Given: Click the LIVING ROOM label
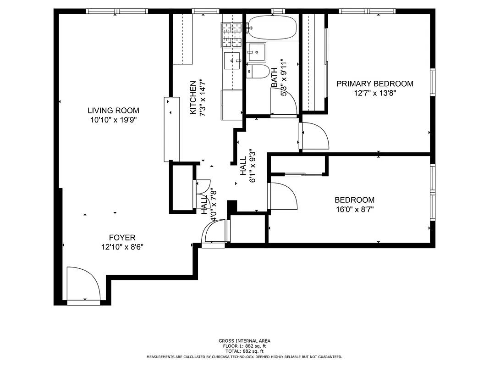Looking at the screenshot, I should pyautogui.click(x=113, y=111).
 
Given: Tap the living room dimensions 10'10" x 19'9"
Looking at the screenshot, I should pyautogui.click(x=113, y=120).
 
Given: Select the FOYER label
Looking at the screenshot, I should pyautogui.click(x=122, y=238).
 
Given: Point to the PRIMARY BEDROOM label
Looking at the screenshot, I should pyautogui.click(x=375, y=83).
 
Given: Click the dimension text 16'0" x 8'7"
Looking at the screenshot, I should pyautogui.click(x=354, y=210).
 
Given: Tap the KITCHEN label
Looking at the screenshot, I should pyautogui.click(x=193, y=98).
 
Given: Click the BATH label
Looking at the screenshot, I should pyautogui.click(x=274, y=78).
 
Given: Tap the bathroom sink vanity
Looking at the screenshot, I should pyautogui.click(x=256, y=52).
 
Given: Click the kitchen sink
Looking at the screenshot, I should pyautogui.click(x=233, y=60).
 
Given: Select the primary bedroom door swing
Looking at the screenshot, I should pyautogui.click(x=315, y=136).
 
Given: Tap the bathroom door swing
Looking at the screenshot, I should pyautogui.click(x=283, y=102).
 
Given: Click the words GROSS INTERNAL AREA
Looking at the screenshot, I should pyautogui.click(x=244, y=341).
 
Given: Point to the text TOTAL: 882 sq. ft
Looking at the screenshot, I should pyautogui.click(x=244, y=351).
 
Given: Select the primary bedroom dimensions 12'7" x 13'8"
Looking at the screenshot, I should pyautogui.click(x=375, y=93).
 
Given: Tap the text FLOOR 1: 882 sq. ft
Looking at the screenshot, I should pyautogui.click(x=244, y=346).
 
